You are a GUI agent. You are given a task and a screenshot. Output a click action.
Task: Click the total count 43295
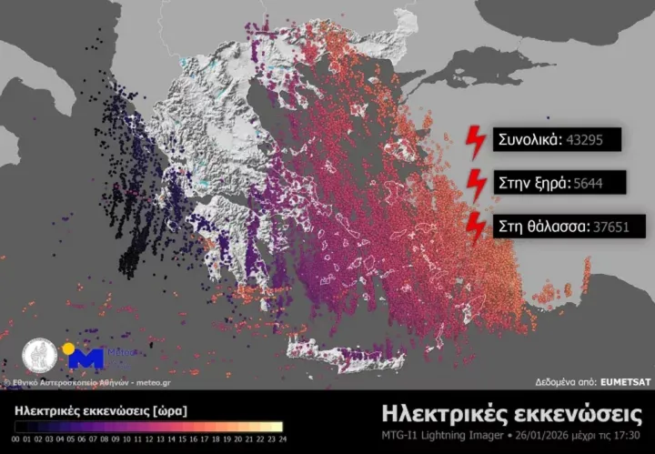tap(595, 140)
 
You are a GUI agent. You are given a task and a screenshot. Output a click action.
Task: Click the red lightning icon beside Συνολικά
tap(475, 140)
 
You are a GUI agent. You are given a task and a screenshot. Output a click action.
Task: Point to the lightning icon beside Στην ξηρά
tap(475, 183)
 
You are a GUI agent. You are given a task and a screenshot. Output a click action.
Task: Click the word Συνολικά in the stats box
tap(529, 140)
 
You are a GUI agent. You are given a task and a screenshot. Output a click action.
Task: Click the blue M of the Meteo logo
tap(86, 358)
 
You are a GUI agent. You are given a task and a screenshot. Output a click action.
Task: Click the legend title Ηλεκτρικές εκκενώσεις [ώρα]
tap(101, 411)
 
